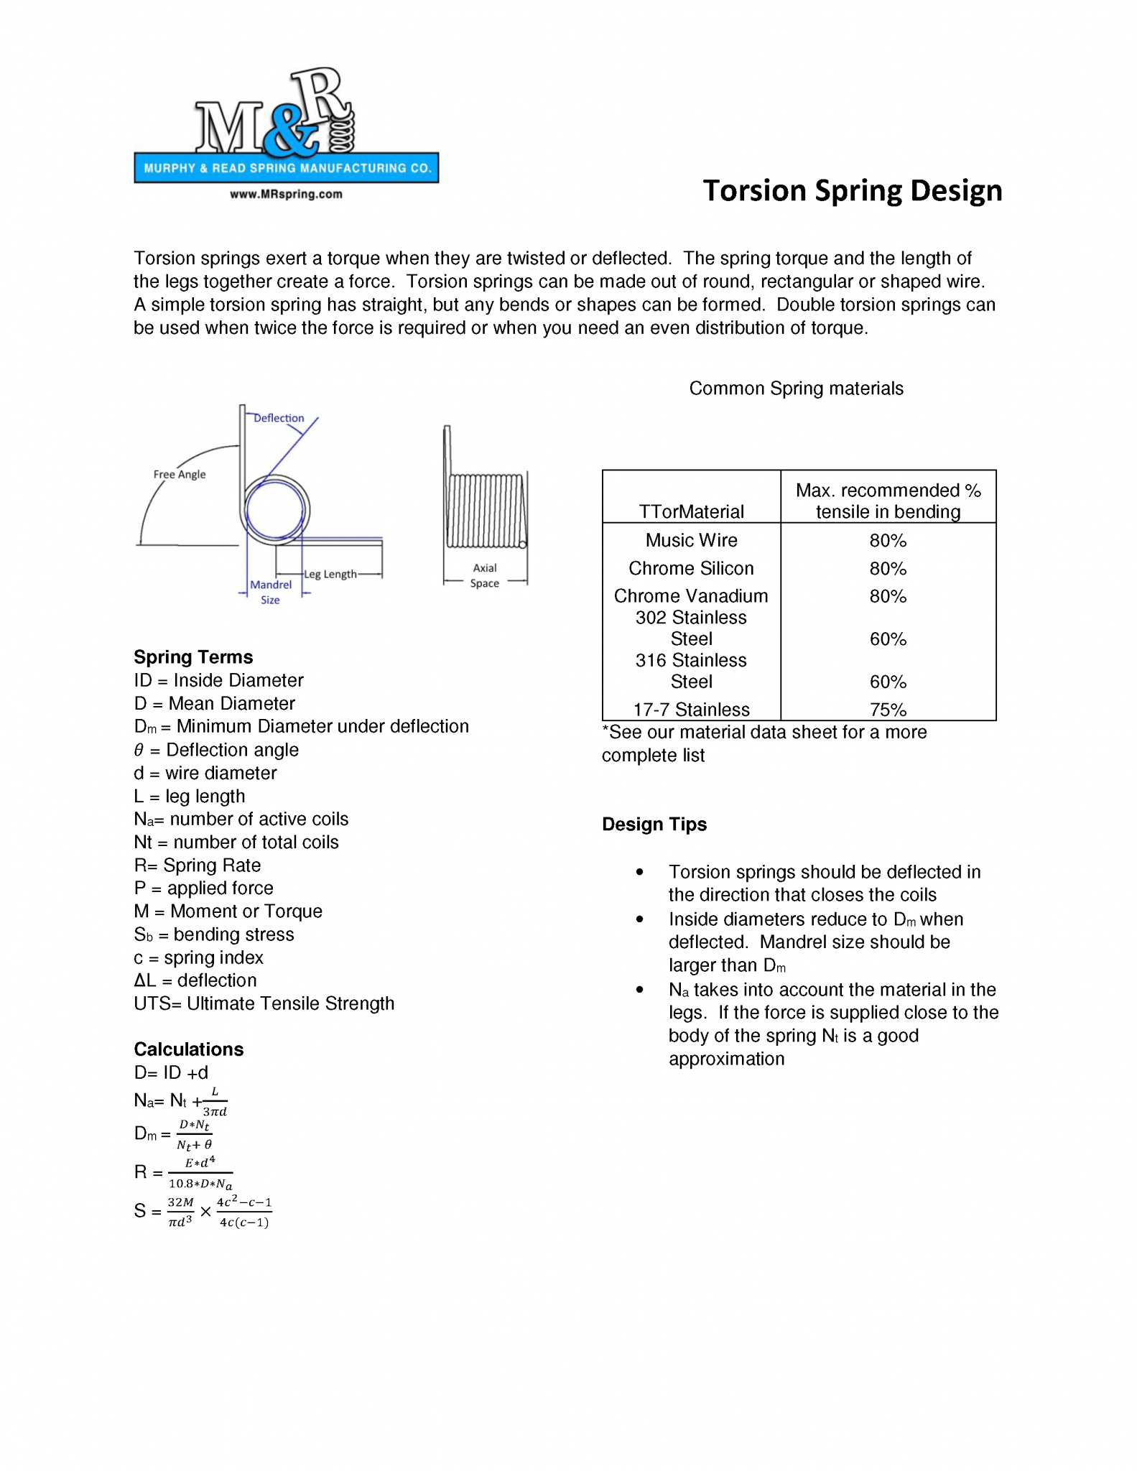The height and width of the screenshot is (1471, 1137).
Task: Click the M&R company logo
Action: [x=285, y=126]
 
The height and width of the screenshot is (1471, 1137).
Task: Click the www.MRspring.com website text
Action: [x=286, y=194]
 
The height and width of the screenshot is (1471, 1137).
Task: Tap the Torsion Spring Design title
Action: [x=852, y=191]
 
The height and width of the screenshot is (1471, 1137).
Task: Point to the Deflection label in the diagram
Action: [x=279, y=418]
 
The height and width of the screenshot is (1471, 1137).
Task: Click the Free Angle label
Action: [x=180, y=474]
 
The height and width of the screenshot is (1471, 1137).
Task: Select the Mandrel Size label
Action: [x=271, y=592]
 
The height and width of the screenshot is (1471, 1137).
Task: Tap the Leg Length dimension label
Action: [x=330, y=574]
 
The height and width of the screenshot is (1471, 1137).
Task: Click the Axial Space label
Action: [x=485, y=575]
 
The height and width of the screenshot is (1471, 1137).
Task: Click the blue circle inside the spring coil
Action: [x=275, y=510]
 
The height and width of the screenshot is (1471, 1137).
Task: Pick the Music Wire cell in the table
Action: [x=691, y=540]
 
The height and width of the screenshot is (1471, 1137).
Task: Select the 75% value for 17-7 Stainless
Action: [x=888, y=710]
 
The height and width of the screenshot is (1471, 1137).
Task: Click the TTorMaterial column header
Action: [x=691, y=511]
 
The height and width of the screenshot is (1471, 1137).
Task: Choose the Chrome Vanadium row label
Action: [x=691, y=596]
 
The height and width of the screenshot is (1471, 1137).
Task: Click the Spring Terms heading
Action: [x=193, y=657]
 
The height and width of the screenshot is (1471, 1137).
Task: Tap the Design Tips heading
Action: [x=654, y=824]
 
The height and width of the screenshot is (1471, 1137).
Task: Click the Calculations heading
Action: [x=189, y=1049]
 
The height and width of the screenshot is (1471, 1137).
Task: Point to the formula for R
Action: [x=184, y=1172]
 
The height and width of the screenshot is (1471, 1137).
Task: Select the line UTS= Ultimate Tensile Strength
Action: [x=264, y=1003]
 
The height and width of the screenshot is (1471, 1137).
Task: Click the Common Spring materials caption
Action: [x=796, y=389]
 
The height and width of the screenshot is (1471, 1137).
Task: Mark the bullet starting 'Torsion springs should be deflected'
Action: [x=824, y=883]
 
